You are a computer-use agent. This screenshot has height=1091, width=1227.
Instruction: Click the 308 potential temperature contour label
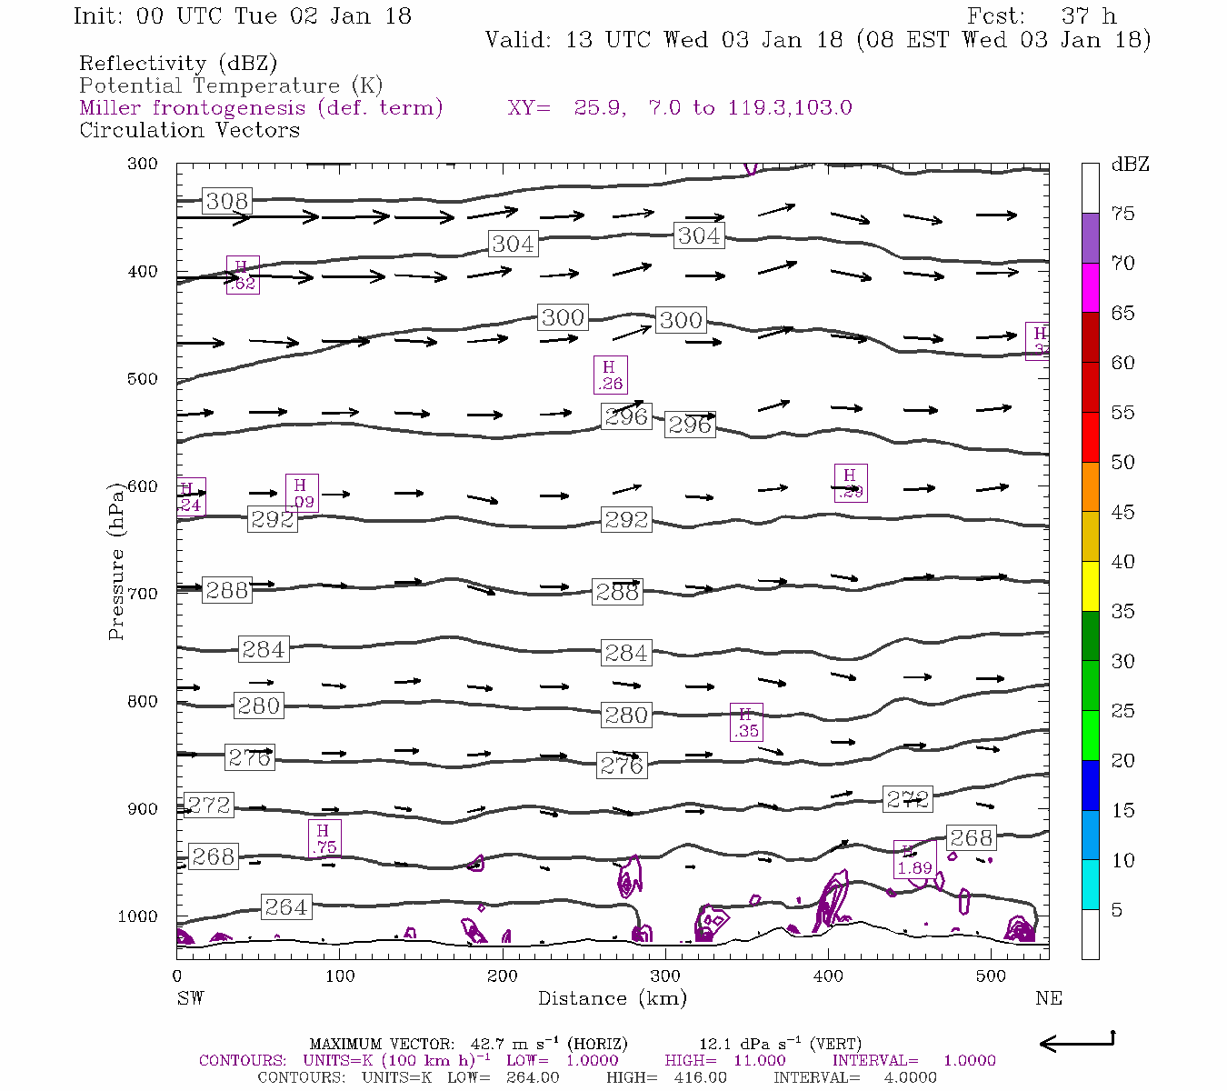[x=226, y=201]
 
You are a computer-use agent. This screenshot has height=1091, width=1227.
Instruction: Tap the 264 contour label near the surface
[x=285, y=906]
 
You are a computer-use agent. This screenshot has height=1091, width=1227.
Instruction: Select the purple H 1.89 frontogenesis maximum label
[x=914, y=860]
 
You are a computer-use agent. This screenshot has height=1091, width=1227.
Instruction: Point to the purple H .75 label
[x=324, y=838]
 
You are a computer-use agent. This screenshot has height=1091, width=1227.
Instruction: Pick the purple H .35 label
[x=746, y=723]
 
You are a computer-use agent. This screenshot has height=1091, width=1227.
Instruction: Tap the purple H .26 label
[x=610, y=375]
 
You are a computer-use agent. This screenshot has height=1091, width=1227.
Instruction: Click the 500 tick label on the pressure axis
[x=143, y=379]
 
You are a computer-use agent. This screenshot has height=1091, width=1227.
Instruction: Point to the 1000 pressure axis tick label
[x=138, y=916]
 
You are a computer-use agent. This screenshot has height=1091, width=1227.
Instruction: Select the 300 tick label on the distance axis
[x=665, y=976]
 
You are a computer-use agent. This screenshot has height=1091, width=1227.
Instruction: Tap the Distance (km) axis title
[x=612, y=998]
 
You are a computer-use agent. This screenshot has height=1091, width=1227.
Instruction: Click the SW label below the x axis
[x=190, y=998]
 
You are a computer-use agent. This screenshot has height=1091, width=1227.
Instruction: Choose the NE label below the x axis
[x=1048, y=998]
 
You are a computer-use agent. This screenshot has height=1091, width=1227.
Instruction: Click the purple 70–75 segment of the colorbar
[x=1090, y=238]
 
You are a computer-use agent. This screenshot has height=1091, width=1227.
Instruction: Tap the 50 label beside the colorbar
[x=1122, y=463]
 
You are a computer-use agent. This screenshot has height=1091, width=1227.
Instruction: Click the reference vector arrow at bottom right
[x=1076, y=1043]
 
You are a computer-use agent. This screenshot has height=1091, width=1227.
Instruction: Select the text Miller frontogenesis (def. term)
[x=261, y=108]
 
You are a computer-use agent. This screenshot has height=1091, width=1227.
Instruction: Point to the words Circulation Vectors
[x=189, y=130]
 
